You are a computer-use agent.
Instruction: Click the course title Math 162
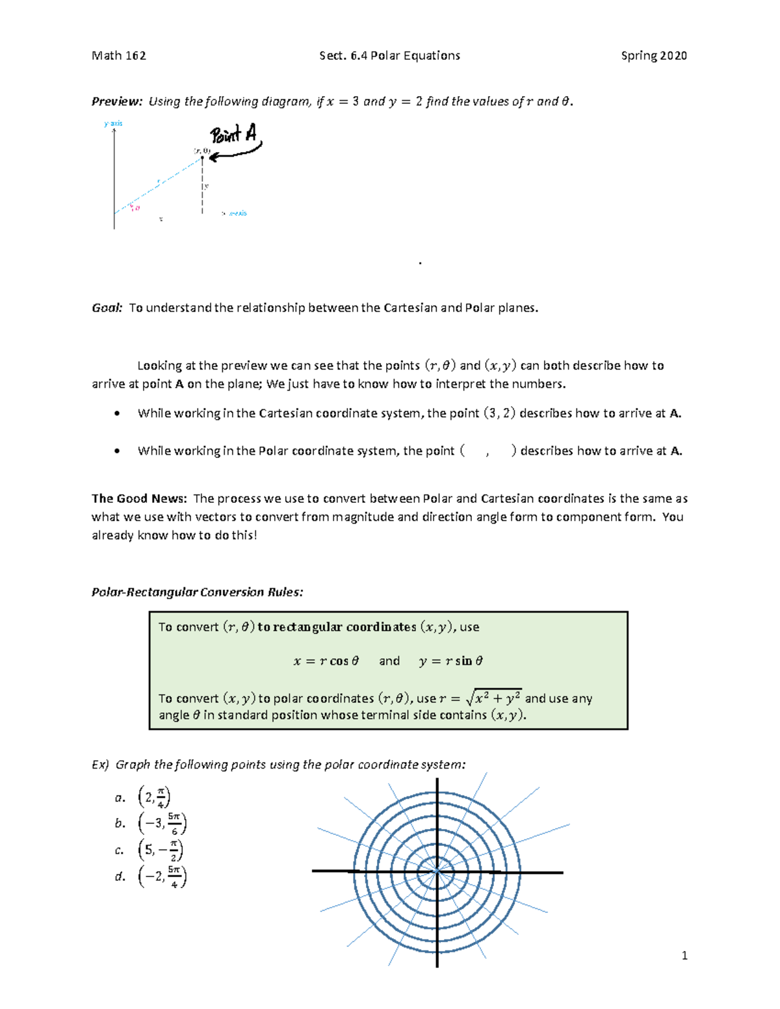(x=119, y=56)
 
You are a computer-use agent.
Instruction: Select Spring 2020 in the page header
(x=653, y=56)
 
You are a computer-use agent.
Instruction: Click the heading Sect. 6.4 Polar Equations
(x=389, y=56)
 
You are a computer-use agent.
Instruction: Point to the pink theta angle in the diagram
(x=135, y=208)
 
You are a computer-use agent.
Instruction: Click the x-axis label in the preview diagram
(x=237, y=213)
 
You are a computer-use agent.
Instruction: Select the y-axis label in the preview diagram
(x=113, y=123)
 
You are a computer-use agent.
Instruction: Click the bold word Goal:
(x=107, y=308)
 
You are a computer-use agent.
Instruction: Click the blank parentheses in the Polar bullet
(x=487, y=451)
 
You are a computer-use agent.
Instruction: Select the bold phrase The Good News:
(x=139, y=499)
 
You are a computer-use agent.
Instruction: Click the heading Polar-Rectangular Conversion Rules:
(x=197, y=592)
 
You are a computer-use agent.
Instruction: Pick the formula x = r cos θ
(x=326, y=661)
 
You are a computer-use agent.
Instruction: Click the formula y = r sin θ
(x=450, y=661)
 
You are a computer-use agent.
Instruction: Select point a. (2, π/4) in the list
(x=153, y=797)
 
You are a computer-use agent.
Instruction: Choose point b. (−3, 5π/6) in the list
(x=162, y=824)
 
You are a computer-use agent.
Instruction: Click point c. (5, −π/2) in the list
(x=160, y=850)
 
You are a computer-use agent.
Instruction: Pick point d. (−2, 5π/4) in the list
(x=162, y=876)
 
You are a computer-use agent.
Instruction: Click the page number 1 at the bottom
(x=684, y=955)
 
